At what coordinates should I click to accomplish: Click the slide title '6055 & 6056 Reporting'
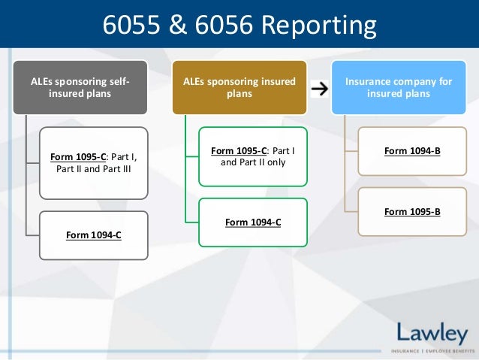239,26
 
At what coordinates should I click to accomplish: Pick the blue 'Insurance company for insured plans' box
398,87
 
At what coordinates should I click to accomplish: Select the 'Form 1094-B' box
412,151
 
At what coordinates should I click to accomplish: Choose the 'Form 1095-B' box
412,211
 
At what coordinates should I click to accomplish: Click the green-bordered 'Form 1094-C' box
252,222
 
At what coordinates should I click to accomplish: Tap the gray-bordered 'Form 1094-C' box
94,235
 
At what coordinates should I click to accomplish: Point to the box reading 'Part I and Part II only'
252,156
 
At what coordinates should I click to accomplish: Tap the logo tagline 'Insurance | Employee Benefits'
432,351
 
